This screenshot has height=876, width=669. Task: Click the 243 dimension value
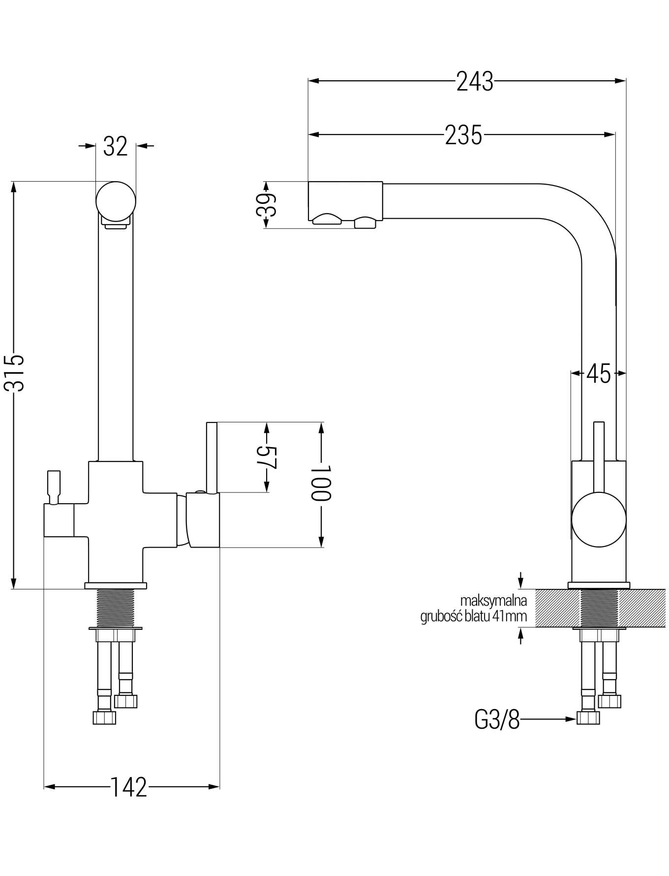click(x=474, y=81)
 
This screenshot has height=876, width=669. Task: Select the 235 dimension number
click(x=463, y=134)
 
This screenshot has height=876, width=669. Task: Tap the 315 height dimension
click(x=14, y=372)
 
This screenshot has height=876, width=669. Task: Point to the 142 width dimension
click(x=128, y=787)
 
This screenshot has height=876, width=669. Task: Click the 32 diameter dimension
click(x=116, y=146)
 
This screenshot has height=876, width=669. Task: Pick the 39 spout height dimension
click(x=266, y=204)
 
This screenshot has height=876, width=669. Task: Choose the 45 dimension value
click(x=598, y=374)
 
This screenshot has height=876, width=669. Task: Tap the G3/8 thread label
click(x=497, y=720)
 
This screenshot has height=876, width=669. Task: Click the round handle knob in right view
click(x=599, y=520)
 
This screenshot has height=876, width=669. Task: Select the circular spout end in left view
click(x=116, y=201)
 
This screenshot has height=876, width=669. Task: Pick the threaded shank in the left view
click(x=116, y=608)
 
